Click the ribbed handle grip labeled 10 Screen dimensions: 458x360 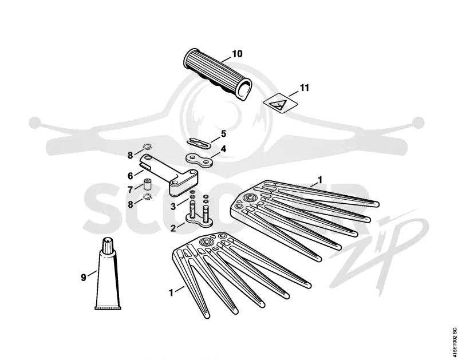(x=218, y=74)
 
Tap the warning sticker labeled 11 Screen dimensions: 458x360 (x=281, y=103)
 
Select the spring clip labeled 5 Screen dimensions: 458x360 (x=199, y=142)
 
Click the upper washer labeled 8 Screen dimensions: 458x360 (x=147, y=146)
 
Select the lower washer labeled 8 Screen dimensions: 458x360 (x=148, y=197)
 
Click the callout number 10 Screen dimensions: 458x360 (x=237, y=54)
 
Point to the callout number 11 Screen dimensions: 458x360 (x=304, y=88)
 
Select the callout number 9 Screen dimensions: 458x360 (x=84, y=278)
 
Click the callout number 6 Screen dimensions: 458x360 (x=131, y=176)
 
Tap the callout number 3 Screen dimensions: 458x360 (x=173, y=207)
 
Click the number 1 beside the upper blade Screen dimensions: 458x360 (x=321, y=180)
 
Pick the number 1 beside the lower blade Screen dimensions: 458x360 (x=171, y=292)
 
